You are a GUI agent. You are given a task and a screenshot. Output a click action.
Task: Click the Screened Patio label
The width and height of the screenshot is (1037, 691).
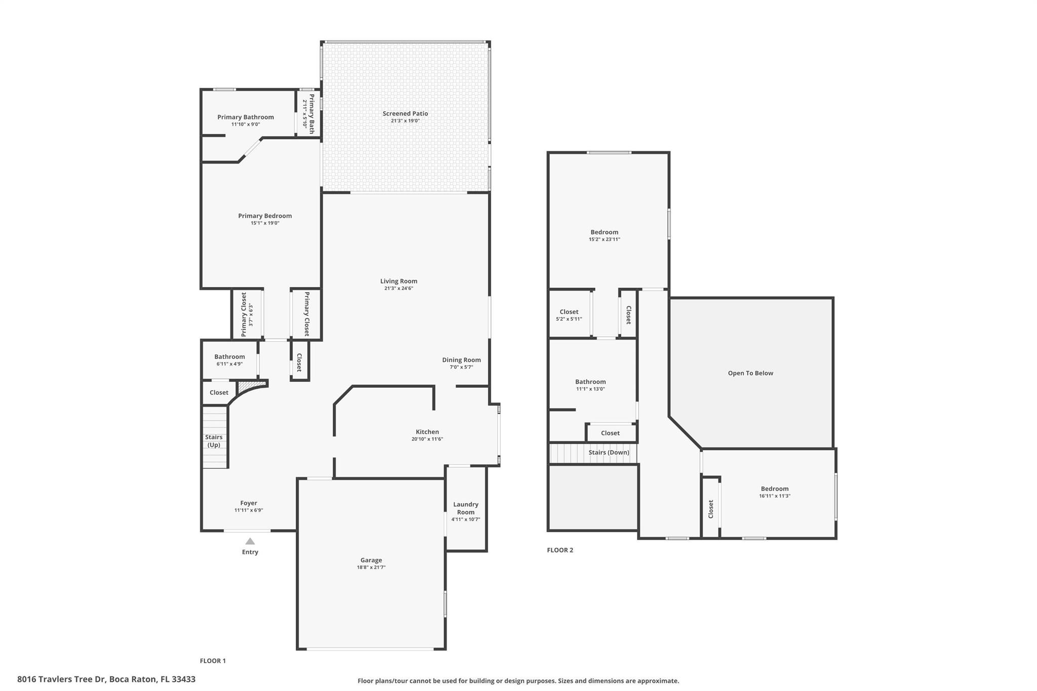[405, 113]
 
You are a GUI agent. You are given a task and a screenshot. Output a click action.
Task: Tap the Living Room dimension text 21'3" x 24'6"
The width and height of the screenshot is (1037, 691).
[399, 289]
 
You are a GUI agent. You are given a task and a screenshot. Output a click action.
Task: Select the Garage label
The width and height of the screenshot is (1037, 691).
[371, 560]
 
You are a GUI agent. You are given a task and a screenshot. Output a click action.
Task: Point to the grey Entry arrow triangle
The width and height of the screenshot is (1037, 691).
[250, 541]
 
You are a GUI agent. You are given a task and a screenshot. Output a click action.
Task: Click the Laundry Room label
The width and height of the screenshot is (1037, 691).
[466, 508]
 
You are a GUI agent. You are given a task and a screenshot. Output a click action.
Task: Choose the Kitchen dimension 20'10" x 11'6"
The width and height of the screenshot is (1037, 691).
[427, 439]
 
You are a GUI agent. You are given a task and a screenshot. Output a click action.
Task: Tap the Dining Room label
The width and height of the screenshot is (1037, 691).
[461, 360]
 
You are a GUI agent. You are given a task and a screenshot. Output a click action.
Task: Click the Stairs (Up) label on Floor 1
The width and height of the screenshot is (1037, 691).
[214, 441]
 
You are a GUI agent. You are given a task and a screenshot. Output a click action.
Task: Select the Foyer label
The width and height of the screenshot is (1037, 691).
[249, 503]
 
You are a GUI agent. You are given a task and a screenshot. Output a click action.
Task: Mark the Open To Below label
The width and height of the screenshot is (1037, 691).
[750, 373]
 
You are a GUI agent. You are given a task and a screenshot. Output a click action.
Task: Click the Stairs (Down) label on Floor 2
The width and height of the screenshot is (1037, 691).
[609, 452]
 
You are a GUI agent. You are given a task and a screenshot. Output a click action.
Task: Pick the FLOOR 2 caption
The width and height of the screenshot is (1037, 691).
[560, 550]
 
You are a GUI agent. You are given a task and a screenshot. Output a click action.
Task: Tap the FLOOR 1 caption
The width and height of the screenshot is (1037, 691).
[213, 661]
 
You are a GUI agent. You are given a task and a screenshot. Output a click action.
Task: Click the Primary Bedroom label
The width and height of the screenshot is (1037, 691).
[265, 216]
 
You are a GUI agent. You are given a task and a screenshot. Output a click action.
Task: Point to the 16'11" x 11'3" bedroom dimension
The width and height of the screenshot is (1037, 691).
[775, 496]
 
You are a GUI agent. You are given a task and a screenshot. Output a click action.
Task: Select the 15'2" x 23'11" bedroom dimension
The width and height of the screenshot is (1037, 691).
[605, 239]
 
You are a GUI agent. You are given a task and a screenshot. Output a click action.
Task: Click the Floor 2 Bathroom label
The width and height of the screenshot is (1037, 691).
[590, 382]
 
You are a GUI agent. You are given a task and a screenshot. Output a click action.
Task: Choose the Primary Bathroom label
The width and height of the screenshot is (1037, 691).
[246, 117]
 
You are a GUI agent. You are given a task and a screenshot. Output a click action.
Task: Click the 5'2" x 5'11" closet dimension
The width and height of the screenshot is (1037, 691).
[569, 319]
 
